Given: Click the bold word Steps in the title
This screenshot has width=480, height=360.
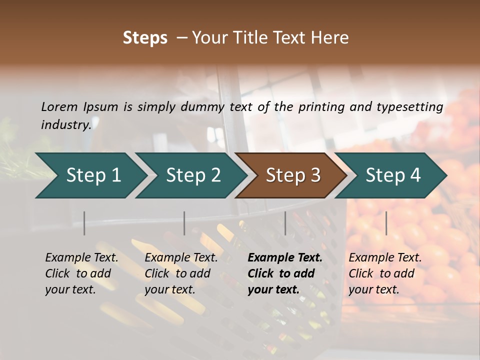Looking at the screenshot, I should point(145,38).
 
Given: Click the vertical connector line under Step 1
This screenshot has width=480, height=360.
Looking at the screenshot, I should point(84,223).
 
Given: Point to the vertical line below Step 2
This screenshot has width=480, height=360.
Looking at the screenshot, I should point(184,223).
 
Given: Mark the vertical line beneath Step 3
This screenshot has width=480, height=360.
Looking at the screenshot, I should point(285,223).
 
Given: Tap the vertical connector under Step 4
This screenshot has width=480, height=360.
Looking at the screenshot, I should point(386,223).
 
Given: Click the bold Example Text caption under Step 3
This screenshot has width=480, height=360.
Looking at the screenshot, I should point(285,273).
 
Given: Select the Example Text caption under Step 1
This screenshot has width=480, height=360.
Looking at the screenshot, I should point(81,273).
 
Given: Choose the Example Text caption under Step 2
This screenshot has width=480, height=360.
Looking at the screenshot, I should point(181,273).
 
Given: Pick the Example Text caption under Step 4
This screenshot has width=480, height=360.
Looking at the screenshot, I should point(385,273).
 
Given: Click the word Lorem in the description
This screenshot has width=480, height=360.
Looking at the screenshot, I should point(59,107).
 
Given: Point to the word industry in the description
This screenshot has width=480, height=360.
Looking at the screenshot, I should point(66,125).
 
